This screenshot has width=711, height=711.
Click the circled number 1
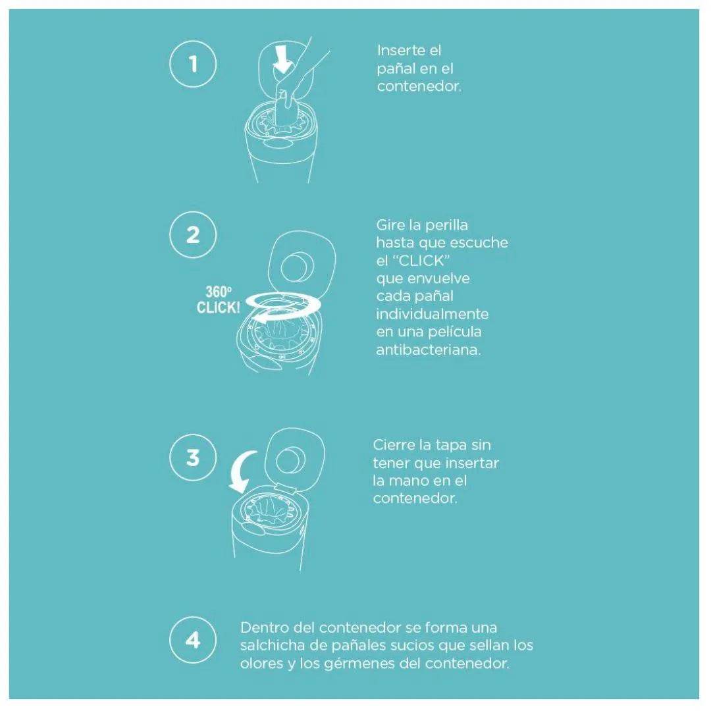tap(193, 63)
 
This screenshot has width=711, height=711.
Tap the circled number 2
tap(193, 235)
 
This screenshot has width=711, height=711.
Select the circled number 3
tap(193, 457)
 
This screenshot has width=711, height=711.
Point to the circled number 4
tap(193, 640)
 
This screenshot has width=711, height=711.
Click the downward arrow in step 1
tap(282, 59)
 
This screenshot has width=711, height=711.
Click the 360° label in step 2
tap(218, 292)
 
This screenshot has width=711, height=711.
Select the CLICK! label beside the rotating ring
tap(218, 307)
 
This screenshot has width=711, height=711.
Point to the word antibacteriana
tap(428, 350)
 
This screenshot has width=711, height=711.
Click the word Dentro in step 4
tap(265, 627)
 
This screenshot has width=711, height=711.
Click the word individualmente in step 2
tap(432, 314)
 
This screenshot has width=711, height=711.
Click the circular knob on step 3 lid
tap(291, 461)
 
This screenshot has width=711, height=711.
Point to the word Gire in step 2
tap(390, 225)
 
